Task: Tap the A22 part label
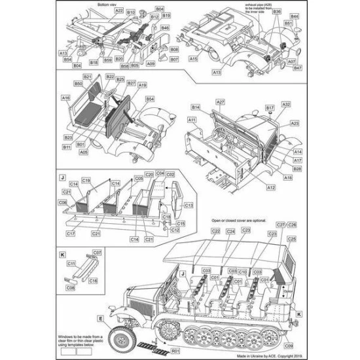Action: [118, 11]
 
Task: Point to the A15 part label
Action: [194, 59]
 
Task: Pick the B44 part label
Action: [295, 15]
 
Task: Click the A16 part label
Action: [65, 98]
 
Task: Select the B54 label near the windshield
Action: [150, 99]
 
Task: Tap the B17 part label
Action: [269, 107]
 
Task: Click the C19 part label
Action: [86, 180]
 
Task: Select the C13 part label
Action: [188, 204]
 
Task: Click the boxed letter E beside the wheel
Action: [101, 319]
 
